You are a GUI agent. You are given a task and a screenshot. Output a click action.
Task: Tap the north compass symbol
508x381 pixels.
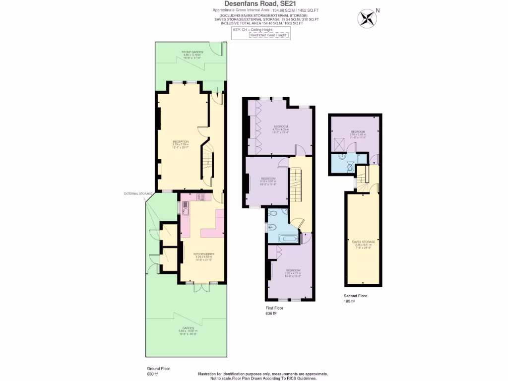tap(367, 18)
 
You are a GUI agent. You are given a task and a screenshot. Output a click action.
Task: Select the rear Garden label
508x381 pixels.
tap(188, 329)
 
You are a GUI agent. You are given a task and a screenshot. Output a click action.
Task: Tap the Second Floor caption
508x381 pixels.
tap(355, 296)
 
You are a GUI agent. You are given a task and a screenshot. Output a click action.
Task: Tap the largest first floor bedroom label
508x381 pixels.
tap(281, 128)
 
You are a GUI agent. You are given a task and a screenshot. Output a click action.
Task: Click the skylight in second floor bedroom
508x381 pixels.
tap(341, 143)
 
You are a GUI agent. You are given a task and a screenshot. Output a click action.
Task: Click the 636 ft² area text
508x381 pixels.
tap(271, 314)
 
